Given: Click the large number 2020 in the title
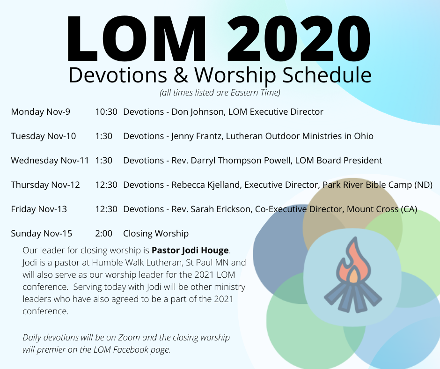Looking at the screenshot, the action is [x=299, y=38].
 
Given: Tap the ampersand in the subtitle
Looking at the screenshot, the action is [x=181, y=75].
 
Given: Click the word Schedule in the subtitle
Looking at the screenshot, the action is [x=327, y=75].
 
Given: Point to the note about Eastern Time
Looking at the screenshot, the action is [x=220, y=92].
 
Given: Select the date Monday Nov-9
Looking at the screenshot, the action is [x=40, y=112].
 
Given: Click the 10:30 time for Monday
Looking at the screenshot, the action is [x=106, y=112].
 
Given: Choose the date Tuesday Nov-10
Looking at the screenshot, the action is [x=44, y=136].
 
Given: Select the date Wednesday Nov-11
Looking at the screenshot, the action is [x=50, y=161].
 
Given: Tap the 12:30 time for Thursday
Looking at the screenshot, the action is [x=106, y=185].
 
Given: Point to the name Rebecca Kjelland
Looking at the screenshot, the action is [x=206, y=185].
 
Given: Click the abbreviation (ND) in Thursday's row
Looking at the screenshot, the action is [x=423, y=185].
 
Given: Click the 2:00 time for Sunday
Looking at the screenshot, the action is [x=103, y=234].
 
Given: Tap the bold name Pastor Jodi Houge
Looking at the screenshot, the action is [x=190, y=250].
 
